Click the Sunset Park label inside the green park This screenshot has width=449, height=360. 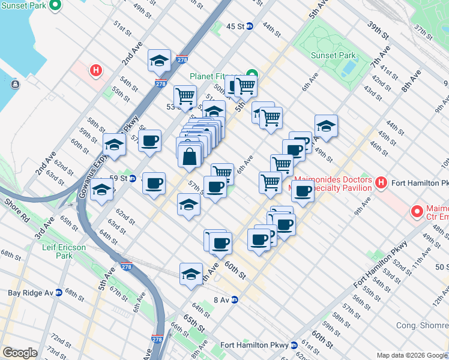click(333, 55)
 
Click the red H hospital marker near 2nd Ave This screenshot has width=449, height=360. click(95, 71)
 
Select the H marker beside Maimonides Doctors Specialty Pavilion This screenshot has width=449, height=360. click(379, 182)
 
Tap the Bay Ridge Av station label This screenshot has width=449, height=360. click(31, 293)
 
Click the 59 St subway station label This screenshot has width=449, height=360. click(124, 178)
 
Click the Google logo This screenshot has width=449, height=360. click(20, 353)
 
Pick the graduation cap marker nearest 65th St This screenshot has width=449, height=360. click(191, 274)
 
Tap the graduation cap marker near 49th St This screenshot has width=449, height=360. click(325, 125)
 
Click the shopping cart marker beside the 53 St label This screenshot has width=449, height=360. click(185, 95)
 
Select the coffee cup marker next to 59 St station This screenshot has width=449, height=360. click(154, 182)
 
